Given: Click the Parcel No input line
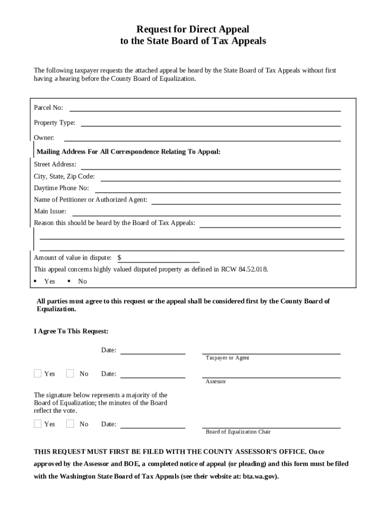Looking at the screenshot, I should click(205, 110).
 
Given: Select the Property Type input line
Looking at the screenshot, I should click(210, 125).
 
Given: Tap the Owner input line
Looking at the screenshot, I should click(202, 140).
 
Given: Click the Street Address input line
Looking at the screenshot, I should click(210, 169).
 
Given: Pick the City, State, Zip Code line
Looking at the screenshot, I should click(220, 180).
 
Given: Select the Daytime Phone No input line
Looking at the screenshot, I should click(217, 192).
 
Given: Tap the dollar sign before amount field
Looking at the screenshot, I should click(119, 258).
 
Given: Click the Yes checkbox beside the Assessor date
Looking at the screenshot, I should click(38, 373).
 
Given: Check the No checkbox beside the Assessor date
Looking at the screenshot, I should click(70, 373).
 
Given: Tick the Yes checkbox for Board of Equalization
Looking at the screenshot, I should click(38, 424).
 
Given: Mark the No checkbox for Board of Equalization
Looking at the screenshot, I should click(70, 424).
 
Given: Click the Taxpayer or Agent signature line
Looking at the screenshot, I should click(271, 353).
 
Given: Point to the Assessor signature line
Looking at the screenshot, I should click(271, 377).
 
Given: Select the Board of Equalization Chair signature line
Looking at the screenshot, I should click(271, 427).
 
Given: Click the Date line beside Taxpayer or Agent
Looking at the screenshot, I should click(153, 353).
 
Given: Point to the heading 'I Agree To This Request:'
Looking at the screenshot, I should click(71, 331).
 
